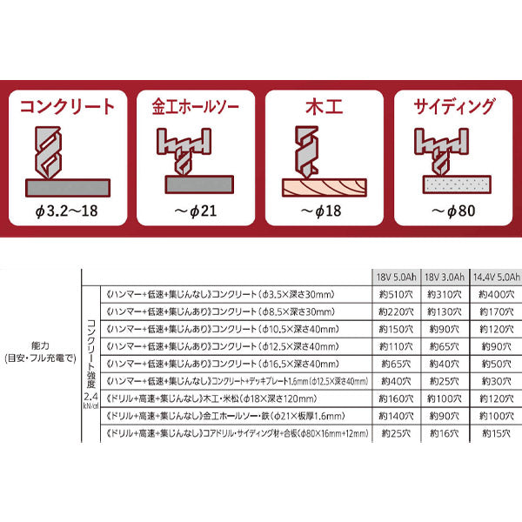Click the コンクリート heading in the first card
pyautogui.click(x=67, y=108)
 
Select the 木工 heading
pyautogui.click(x=325, y=108)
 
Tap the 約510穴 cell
pyautogui.click(x=396, y=294)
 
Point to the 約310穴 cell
pyautogui.click(x=444, y=294)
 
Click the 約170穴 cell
pyautogui.click(x=492, y=311)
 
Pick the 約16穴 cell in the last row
pyautogui.click(x=444, y=432)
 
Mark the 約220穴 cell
pyautogui.click(x=396, y=311)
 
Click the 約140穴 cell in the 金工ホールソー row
pyautogui.click(x=396, y=415)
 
